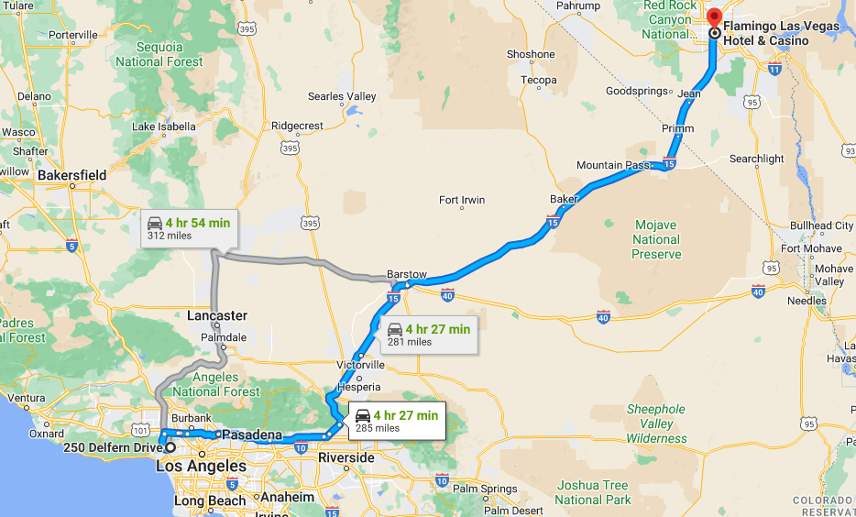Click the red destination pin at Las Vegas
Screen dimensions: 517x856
tap(715, 20)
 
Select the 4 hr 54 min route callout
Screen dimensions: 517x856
tap(189, 228)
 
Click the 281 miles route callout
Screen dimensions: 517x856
tap(428, 335)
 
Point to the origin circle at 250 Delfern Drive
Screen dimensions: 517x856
tap(170, 447)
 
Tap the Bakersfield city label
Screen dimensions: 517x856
tap(72, 175)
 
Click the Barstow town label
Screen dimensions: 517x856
tap(407, 274)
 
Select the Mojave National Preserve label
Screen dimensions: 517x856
tap(656, 239)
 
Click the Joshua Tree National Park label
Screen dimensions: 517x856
tap(593, 492)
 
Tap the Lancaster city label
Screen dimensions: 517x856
tap(217, 316)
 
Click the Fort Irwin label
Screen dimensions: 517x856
tap(462, 200)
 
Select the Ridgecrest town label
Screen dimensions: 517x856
tap(298, 126)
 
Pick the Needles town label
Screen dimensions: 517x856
tap(807, 301)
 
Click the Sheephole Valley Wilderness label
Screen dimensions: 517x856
tap(656, 423)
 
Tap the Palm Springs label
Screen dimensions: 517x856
tap(488, 489)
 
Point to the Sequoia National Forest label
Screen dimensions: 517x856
tap(159, 54)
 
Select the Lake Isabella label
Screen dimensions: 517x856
tap(164, 126)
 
